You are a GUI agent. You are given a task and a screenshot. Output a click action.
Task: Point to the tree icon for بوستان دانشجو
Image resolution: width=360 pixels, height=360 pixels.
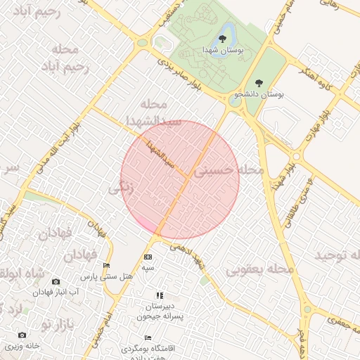259,83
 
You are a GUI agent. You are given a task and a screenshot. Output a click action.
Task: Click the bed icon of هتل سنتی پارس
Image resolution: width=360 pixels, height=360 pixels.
106,265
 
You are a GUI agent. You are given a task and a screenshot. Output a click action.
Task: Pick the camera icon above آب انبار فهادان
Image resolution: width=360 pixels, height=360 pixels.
56,281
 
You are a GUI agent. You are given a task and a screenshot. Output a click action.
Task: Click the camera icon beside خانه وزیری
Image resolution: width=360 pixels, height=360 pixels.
22,335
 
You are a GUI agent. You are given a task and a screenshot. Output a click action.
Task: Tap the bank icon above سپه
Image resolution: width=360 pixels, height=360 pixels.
148,257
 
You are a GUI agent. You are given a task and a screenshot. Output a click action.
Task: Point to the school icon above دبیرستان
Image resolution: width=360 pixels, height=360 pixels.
160,295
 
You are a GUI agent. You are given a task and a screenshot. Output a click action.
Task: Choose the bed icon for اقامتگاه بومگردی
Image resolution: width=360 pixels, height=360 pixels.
148,337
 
